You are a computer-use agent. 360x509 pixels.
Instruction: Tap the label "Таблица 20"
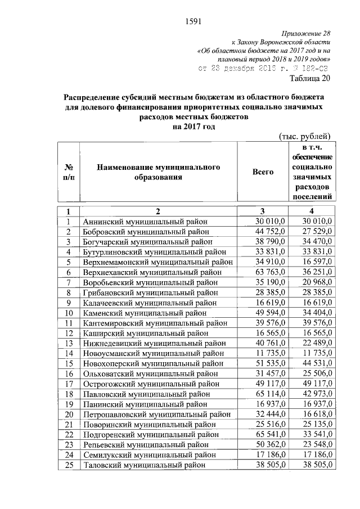310,78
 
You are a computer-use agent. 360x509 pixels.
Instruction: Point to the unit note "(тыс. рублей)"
307,136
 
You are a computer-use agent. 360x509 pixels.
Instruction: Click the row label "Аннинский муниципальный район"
145,221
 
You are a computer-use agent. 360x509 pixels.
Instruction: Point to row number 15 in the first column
69,363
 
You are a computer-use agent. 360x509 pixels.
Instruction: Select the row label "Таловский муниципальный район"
143,465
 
